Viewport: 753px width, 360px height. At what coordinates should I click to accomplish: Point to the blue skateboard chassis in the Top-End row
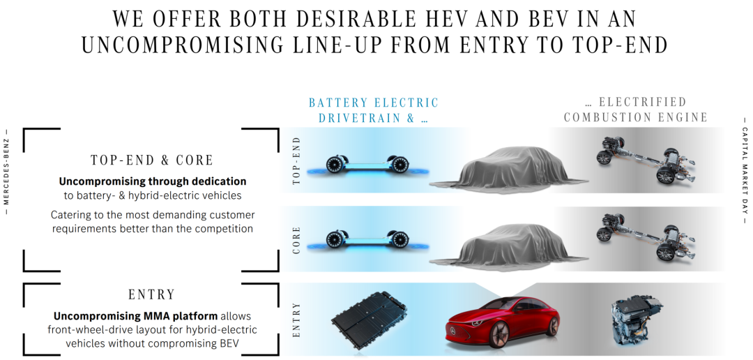coord(367,165)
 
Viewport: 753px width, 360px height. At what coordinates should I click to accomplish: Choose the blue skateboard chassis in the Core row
coord(367,239)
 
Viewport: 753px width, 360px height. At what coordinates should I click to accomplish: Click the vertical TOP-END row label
coord(296,160)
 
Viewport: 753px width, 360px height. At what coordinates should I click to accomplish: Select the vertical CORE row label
coord(296,240)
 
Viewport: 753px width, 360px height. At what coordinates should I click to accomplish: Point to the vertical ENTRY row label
coord(296,320)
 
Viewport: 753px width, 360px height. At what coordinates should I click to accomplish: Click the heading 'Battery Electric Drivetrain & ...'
coord(374,110)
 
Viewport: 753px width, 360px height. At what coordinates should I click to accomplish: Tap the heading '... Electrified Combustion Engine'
coord(636,110)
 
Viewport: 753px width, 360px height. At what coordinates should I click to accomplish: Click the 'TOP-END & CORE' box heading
coord(152,160)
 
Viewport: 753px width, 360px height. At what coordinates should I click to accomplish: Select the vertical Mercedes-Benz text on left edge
coord(6,172)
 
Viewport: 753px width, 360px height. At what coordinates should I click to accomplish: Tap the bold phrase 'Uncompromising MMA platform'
coord(135,316)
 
